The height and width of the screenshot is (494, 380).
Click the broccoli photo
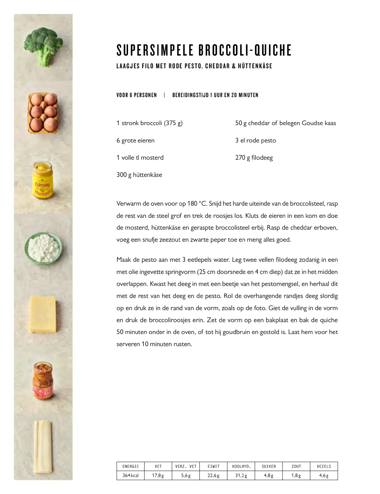pos(43,46)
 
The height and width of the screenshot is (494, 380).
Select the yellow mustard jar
pos(43,180)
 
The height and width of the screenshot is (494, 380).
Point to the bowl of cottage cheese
pos(43,247)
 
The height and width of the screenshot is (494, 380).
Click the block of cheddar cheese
pos(43,314)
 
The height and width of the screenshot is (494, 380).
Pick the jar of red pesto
pos(43,381)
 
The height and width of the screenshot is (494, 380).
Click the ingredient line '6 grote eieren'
pos(136,140)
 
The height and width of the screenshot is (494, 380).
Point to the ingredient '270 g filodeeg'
pos(254,158)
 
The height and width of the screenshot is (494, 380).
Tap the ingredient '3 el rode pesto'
pos(255,140)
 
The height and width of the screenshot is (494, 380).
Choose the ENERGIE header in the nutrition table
pos(130,467)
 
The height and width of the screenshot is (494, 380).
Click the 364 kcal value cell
pos(130,475)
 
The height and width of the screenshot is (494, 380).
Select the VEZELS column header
pos(324,467)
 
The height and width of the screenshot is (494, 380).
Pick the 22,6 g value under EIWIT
pos(213,475)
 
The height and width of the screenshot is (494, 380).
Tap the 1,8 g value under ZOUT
pos(296,475)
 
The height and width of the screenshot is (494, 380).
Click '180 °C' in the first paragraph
pos(197,204)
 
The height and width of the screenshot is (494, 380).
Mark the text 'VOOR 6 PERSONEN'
pos(137,95)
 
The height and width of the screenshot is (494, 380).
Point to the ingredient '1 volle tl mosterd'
pos(140,158)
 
